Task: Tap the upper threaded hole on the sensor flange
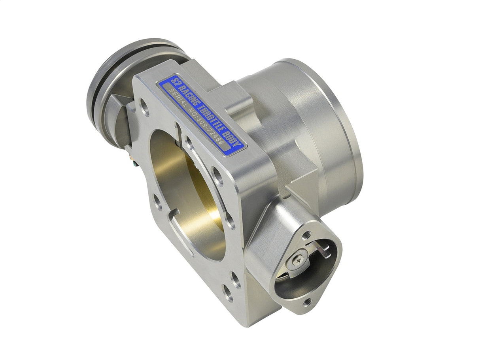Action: (x=306, y=236)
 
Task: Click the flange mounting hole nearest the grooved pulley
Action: (x=146, y=108)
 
